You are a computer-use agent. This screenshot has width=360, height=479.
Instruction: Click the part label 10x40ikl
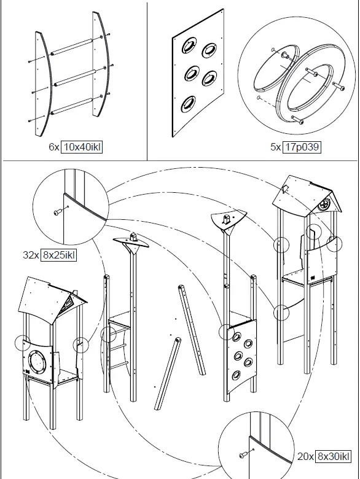[82, 147]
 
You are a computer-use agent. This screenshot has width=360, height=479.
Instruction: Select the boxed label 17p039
[302, 147]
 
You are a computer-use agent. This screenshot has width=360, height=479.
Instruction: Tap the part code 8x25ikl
[58, 255]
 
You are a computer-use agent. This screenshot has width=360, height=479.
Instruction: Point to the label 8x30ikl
[333, 456]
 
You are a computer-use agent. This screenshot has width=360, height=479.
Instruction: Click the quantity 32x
[31, 255]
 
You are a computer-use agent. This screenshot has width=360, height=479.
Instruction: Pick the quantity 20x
[305, 456]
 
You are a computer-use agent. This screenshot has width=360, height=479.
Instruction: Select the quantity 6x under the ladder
[54, 147]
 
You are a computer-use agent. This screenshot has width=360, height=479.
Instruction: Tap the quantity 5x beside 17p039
[275, 147]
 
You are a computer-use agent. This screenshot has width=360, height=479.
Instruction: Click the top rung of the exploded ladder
[71, 47]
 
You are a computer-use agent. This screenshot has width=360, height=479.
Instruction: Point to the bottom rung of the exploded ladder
[72, 107]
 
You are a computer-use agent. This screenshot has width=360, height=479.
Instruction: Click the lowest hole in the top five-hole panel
[188, 104]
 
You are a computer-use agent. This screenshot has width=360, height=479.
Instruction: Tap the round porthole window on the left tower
[36, 362]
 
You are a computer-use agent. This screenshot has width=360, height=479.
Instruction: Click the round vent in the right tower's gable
[323, 204]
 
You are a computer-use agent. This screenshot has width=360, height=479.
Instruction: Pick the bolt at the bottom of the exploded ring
[298, 120]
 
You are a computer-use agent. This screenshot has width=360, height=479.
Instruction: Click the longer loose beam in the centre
[192, 330]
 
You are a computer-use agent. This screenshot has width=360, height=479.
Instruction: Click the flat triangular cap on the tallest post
[228, 219]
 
